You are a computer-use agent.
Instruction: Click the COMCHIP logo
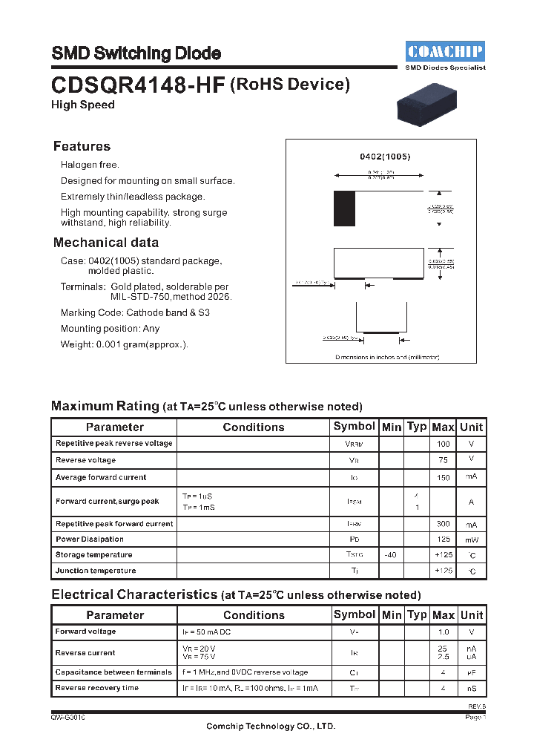pyautogui.click(x=445, y=51)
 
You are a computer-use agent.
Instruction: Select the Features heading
pyautogui.click(x=82, y=146)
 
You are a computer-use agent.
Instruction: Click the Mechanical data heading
pyautogui.click(x=105, y=243)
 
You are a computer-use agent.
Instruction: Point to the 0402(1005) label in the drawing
pyautogui.click(x=385, y=157)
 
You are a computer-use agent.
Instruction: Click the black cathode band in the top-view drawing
pyautogui.click(x=344, y=209)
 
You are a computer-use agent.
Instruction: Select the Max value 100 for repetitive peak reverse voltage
pyautogui.click(x=443, y=444)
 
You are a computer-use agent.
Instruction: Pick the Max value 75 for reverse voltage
pyautogui.click(x=443, y=460)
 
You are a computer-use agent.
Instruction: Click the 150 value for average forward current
pyautogui.click(x=443, y=478)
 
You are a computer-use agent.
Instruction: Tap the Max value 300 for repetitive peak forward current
pyautogui.click(x=443, y=524)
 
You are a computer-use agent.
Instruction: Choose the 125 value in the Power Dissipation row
pyautogui.click(x=443, y=540)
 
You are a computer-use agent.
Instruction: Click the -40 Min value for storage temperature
pyautogui.click(x=391, y=555)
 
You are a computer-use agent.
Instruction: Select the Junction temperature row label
pyautogui.click(x=96, y=571)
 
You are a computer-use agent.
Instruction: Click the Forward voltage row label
pyautogui.click(x=85, y=632)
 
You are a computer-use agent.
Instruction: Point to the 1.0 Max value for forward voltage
pyautogui.click(x=443, y=632)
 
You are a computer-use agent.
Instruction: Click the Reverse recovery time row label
pyautogui.click(x=96, y=688)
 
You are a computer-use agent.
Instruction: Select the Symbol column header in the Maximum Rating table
pyautogui.click(x=354, y=426)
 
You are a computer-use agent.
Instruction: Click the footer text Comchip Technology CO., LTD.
pyautogui.click(x=271, y=727)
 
